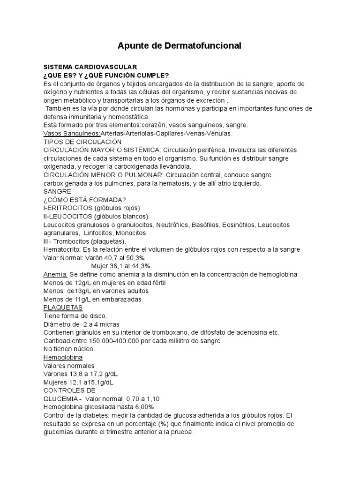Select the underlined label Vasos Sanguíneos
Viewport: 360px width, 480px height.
pyautogui.click(x=71, y=133)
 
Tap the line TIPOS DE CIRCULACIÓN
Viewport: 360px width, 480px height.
pyautogui.click(x=82, y=142)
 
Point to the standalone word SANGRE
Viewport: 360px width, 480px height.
pyautogui.click(x=57, y=191)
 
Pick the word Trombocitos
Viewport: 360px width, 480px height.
pyautogui.click(x=74, y=241)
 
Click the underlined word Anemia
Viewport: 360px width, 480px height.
pyautogui.click(x=56, y=274)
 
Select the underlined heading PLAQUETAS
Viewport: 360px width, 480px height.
pyautogui.click(x=63, y=307)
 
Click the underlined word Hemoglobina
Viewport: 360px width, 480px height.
pyautogui.click(x=63, y=357)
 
